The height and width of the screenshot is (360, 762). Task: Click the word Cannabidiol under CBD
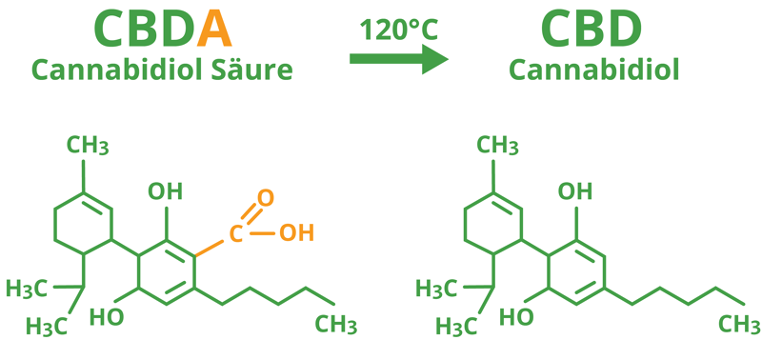click(593, 69)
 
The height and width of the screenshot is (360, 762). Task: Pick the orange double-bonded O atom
click(266, 198)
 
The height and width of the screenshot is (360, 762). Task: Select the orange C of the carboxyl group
click(235, 231)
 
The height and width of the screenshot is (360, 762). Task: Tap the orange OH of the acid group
click(296, 231)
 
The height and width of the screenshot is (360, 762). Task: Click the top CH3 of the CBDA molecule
click(88, 146)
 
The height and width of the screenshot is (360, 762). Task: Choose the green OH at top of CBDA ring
click(166, 190)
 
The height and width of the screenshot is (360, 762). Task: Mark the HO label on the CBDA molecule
click(107, 315)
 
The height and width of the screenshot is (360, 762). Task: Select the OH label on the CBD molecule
click(574, 190)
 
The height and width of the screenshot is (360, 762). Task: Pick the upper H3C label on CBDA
click(28, 288)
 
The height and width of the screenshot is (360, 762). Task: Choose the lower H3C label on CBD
click(456, 326)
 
